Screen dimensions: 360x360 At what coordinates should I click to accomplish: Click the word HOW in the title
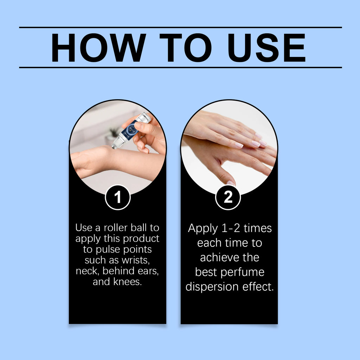point(98,47)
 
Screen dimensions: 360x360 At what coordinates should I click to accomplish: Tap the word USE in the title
point(266,47)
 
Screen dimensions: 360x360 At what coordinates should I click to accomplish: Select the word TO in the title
point(186,47)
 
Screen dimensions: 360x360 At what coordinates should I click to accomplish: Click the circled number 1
point(118,197)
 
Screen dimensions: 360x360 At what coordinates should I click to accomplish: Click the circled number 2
point(228,197)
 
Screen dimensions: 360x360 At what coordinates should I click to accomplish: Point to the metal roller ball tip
point(115,146)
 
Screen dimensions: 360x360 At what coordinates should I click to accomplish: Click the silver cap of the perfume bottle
point(144,117)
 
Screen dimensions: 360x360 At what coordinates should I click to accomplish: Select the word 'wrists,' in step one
point(136,261)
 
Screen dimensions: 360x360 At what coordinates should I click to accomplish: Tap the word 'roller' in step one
point(115,228)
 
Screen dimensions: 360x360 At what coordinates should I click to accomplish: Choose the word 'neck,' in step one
point(88,271)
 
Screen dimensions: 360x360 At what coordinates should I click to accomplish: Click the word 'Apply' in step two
point(203,229)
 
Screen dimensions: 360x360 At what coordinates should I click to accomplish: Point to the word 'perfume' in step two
point(243,273)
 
